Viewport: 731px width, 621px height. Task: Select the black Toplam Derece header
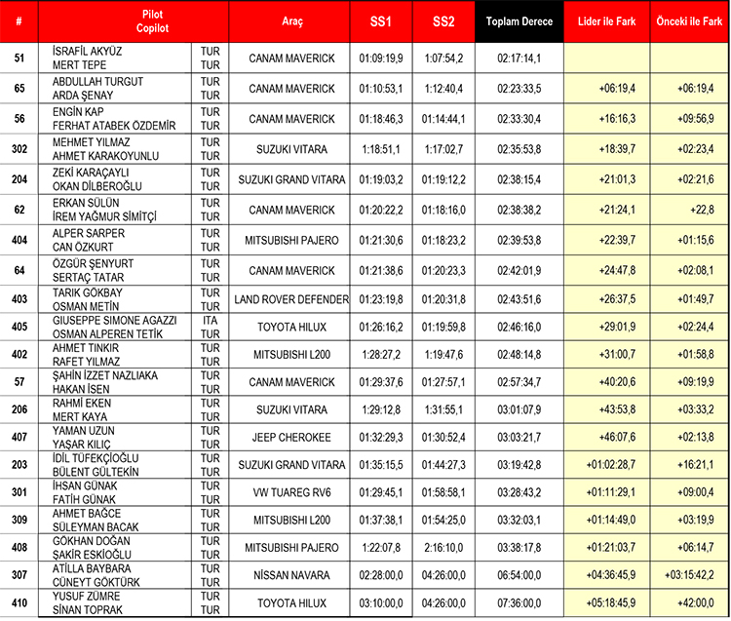pos(519,21)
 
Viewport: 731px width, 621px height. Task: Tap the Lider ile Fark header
pos(607,21)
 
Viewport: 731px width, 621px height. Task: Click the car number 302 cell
pos(19,149)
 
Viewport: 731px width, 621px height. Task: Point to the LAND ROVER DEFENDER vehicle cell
pos(292,299)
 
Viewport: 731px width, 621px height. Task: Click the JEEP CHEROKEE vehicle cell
pos(292,436)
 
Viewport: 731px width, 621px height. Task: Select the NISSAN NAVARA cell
pos(292,574)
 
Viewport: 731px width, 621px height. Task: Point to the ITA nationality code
pos(209,319)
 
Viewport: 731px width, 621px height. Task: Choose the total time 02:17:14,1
pos(519,58)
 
